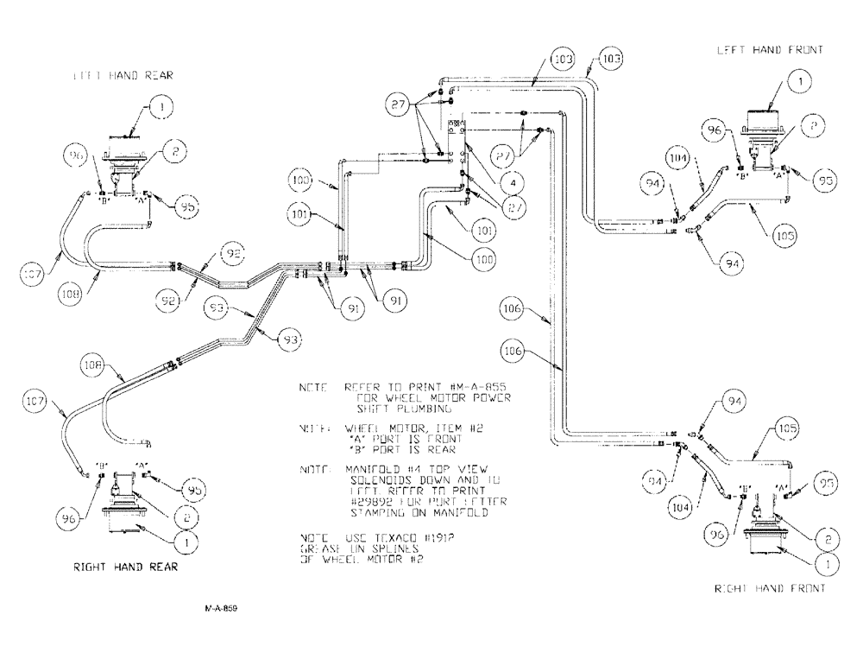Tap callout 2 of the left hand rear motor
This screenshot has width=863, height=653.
pyautogui.click(x=173, y=151)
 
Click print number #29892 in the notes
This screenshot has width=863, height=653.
pyautogui.click(x=372, y=500)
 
